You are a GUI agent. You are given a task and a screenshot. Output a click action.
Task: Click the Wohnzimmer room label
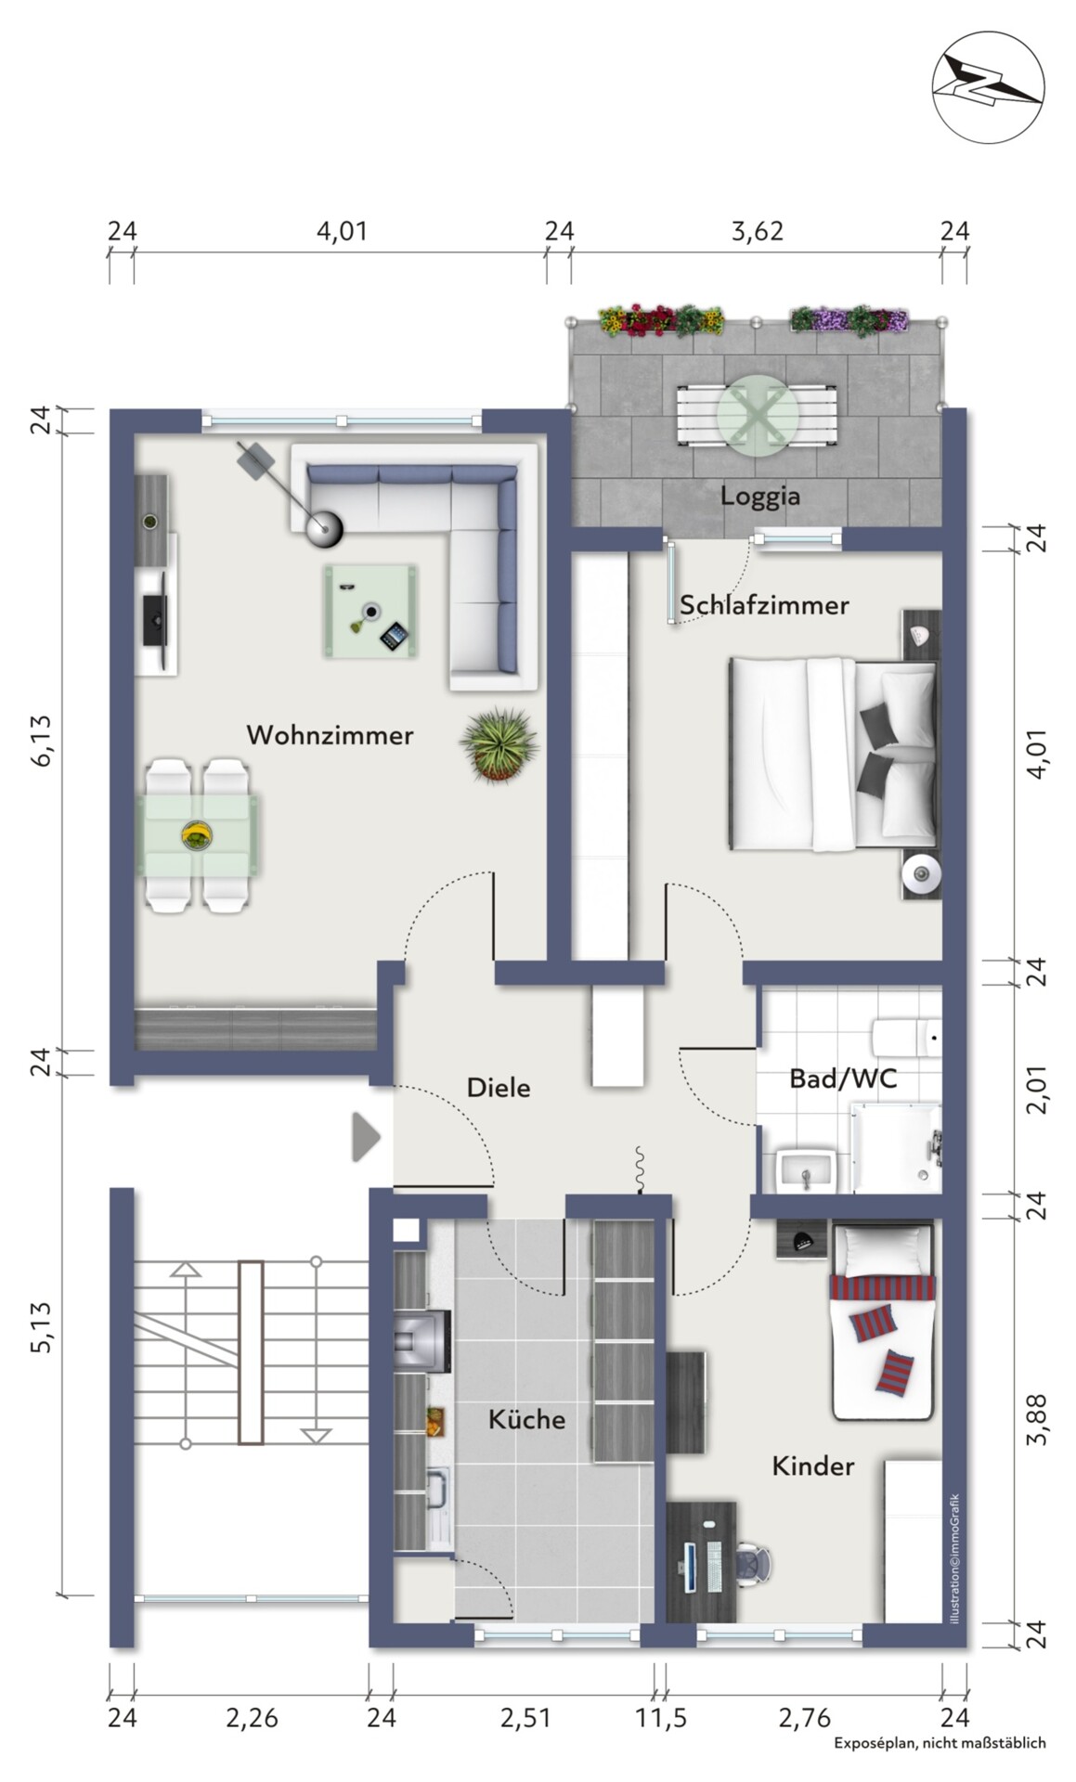330,735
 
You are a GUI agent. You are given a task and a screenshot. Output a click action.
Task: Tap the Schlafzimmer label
764,605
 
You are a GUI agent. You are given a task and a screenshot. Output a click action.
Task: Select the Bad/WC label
843,1078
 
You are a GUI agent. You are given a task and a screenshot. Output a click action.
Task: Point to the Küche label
526,1418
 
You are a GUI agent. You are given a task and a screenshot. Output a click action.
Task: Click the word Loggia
760,496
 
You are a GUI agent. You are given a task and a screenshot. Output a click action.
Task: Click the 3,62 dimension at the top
758,231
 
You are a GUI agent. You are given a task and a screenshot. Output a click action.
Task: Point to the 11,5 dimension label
661,1718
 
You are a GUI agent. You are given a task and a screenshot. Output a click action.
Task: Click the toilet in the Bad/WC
907,1038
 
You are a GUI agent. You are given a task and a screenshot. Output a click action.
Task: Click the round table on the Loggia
758,415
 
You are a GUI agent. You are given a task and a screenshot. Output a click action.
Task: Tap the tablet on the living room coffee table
394,636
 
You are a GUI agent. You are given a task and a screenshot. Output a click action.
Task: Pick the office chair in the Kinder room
753,1564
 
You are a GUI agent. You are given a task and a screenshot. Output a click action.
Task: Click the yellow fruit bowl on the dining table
196,835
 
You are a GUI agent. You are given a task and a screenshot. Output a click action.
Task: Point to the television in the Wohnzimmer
153,609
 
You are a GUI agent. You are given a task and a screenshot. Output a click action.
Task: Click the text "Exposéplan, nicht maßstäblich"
940,1743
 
